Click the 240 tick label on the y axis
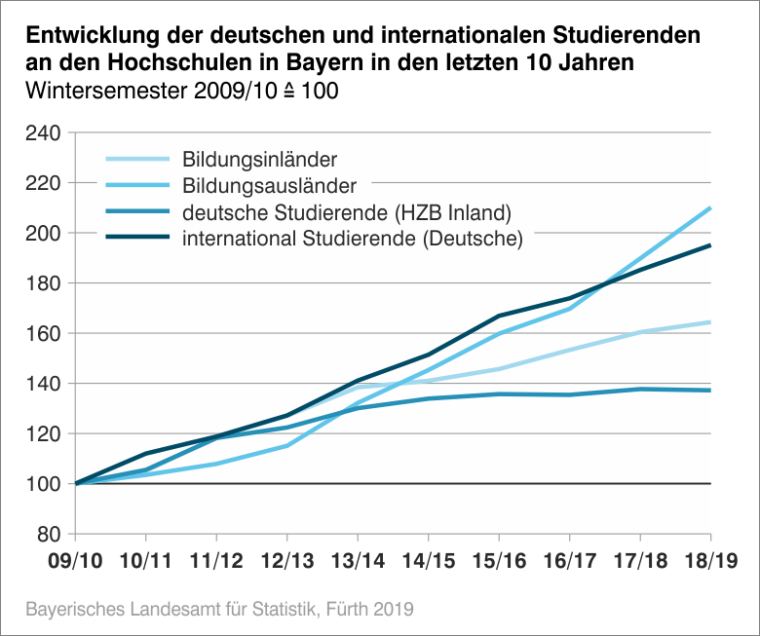[x=43, y=133]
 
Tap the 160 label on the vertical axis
[x=43, y=334]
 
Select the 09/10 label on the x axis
[x=75, y=562]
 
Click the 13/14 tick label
[x=358, y=562]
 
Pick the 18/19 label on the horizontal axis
[x=710, y=562]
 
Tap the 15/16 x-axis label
[x=499, y=562]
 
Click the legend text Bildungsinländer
[x=260, y=160]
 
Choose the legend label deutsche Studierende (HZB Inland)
[x=347, y=211]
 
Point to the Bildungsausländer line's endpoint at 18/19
[x=710, y=207]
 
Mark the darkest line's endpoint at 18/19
[x=710, y=245]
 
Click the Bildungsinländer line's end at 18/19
[x=710, y=322]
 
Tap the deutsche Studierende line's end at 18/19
[x=710, y=391]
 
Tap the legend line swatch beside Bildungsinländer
[x=137, y=160]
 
